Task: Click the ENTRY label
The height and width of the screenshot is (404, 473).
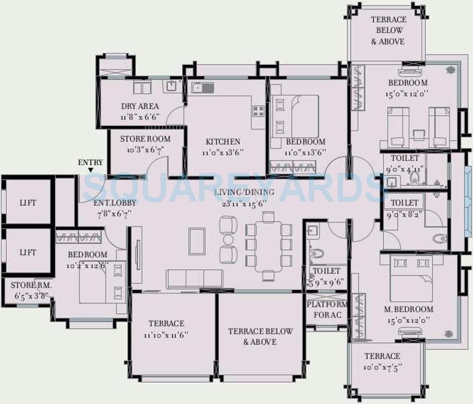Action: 90,162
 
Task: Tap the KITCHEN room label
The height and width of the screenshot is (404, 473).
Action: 223,141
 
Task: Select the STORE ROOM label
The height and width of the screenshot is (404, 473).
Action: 145,139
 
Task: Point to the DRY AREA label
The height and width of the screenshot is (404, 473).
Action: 139,107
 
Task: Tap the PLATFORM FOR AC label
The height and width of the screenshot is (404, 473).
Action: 326,309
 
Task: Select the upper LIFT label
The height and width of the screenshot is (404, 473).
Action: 27,202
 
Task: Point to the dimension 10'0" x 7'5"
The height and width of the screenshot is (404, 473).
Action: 382,367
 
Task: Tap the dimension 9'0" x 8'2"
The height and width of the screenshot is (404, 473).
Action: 405,214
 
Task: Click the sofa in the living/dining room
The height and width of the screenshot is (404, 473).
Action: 194,279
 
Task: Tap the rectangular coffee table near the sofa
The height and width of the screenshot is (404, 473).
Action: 196,241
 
